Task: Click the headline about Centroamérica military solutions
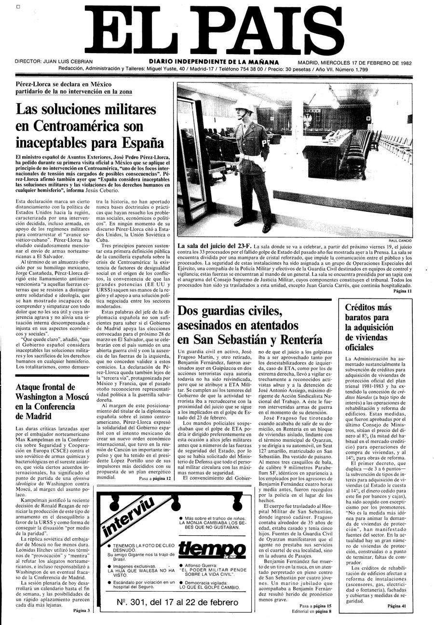tap(89, 125)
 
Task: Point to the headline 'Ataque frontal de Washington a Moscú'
tap(52, 402)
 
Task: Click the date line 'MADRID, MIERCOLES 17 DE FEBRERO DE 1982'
tap(354, 63)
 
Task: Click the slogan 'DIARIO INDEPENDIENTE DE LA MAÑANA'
tap(213, 62)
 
